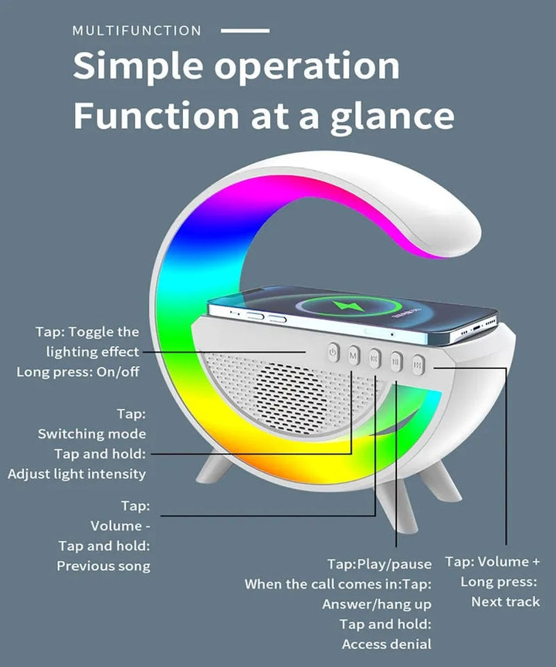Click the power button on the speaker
tap(332, 354)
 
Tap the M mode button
tap(353, 356)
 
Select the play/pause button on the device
tap(396, 360)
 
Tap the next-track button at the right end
tap(418, 362)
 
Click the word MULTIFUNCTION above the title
tap(137, 31)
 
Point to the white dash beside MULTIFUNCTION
tap(245, 31)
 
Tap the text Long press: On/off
tap(78, 372)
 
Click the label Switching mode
tap(92, 434)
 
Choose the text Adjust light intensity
tap(76, 474)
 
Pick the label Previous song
tap(103, 566)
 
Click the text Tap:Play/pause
tap(379, 564)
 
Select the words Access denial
tap(387, 644)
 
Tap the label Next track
tap(506, 601)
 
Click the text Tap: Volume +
tap(493, 561)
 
